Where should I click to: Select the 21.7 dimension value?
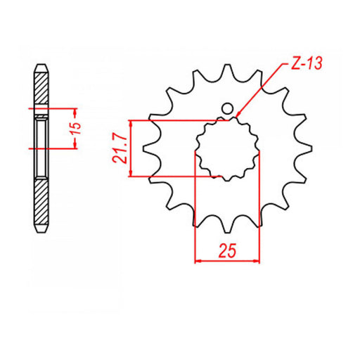[x=120, y=148]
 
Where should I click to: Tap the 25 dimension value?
[x=227, y=250]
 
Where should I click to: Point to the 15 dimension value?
[x=79, y=129]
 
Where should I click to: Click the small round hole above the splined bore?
[x=226, y=109]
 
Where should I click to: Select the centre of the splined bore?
[x=227, y=148]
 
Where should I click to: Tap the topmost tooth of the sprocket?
[x=226, y=71]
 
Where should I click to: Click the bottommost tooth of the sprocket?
[x=226, y=225]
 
